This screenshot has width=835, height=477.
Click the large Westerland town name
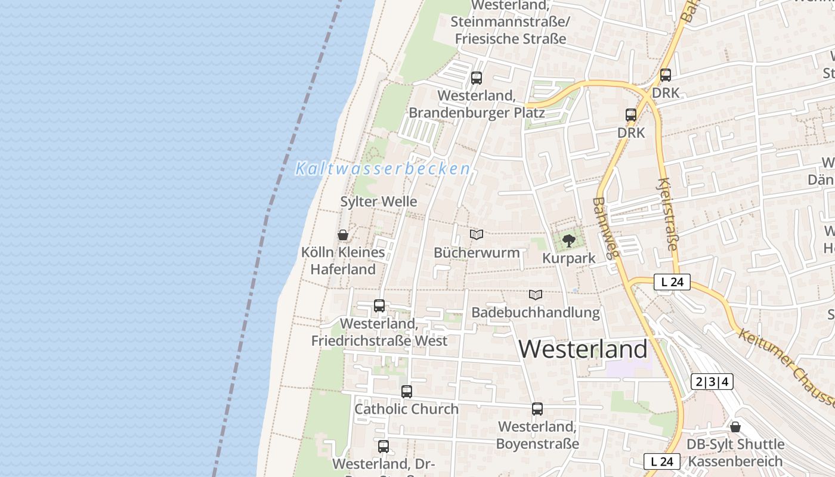click(x=583, y=349)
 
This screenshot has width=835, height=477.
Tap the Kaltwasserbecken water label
click(x=383, y=169)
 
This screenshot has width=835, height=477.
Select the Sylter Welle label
click(x=379, y=202)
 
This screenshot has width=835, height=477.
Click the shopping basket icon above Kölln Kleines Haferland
click(x=343, y=235)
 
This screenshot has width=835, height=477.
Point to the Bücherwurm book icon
click(x=476, y=235)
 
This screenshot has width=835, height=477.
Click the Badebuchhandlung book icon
click(x=536, y=295)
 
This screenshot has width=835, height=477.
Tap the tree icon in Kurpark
click(x=569, y=241)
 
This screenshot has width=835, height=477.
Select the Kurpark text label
click(x=569, y=258)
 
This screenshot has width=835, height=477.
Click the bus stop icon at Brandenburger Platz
click(x=476, y=78)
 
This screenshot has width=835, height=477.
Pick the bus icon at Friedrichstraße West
click(x=379, y=306)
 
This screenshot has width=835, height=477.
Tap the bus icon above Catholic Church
click(x=407, y=392)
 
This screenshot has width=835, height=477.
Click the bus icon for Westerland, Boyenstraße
click(x=537, y=409)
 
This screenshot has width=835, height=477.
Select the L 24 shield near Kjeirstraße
click(x=672, y=282)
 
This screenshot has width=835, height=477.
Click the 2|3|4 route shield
click(x=712, y=382)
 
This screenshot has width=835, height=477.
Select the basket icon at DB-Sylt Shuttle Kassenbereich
click(x=735, y=427)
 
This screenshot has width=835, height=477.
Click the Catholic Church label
click(x=407, y=409)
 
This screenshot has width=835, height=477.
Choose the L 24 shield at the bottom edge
click(x=662, y=461)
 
